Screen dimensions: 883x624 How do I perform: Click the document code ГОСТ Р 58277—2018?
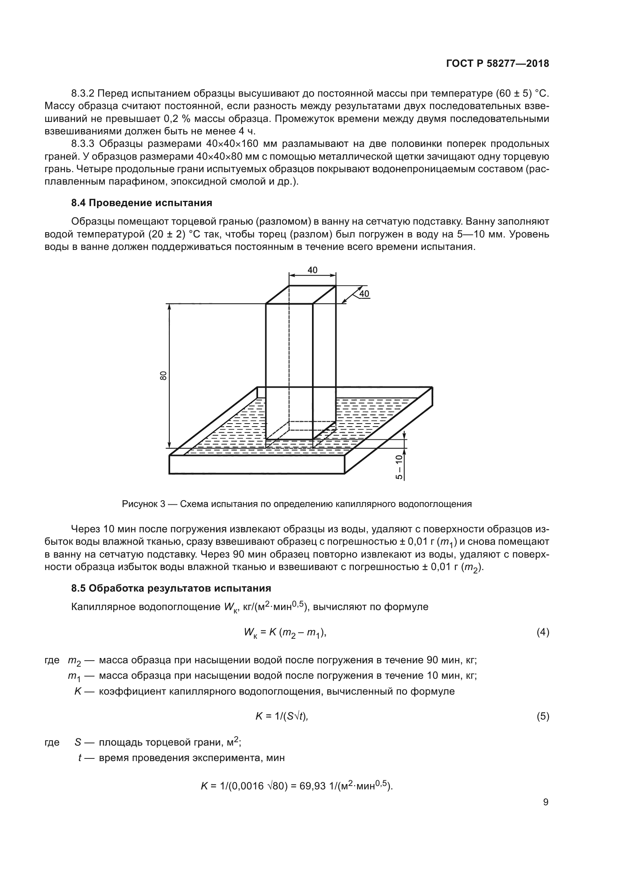497,64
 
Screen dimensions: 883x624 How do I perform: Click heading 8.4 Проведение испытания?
141,203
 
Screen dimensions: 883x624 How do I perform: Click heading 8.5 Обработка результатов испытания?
171,588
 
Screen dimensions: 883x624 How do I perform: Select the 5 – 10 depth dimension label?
399,467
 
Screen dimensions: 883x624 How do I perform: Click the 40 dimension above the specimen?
312,270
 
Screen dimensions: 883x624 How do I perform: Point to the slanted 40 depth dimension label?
363,294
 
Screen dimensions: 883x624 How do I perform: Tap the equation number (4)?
543,632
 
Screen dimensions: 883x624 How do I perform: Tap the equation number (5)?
543,717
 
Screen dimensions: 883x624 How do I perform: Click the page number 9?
546,802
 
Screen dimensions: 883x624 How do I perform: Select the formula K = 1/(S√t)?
282,717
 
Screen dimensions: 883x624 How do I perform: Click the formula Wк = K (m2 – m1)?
285,633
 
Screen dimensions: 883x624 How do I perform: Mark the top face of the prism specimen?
301,294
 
